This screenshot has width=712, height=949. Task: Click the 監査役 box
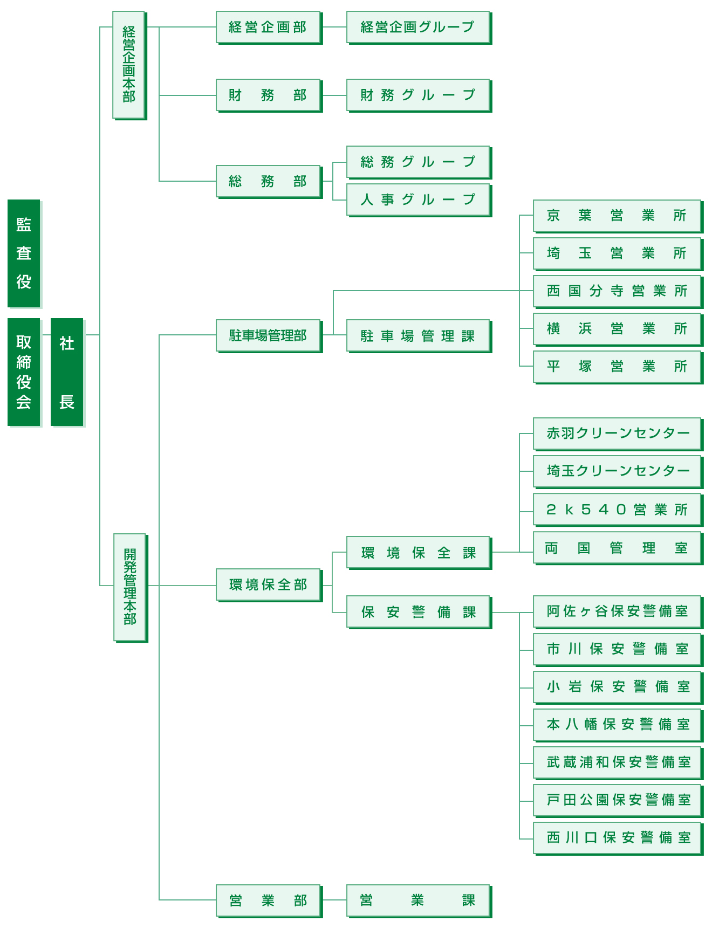coord(24,253)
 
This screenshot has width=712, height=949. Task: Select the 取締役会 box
coord(24,372)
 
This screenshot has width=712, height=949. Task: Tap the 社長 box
coord(67,372)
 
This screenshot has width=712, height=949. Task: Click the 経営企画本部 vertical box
coord(128,65)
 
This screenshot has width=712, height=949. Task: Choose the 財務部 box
coord(268,95)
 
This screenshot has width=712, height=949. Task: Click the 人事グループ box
coord(418,200)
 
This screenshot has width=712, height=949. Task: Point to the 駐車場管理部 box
coord(268,335)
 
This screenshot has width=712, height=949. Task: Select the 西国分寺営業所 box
coord(617,291)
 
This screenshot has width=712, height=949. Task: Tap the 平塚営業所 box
coord(617,367)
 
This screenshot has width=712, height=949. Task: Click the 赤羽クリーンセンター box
coord(617,434)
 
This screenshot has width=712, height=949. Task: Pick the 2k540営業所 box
coord(617,510)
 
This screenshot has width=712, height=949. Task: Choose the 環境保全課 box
coord(418,553)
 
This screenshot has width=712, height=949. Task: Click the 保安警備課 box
coord(418,612)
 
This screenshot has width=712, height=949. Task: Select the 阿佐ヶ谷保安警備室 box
coord(617,611)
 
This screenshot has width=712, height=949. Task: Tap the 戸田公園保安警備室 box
coord(617,800)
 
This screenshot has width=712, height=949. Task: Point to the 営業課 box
coord(418,900)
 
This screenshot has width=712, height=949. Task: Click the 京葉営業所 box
coord(617,216)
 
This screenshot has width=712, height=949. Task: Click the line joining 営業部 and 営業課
coord(334,900)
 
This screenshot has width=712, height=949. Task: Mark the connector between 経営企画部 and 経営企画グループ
coord(334,27)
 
